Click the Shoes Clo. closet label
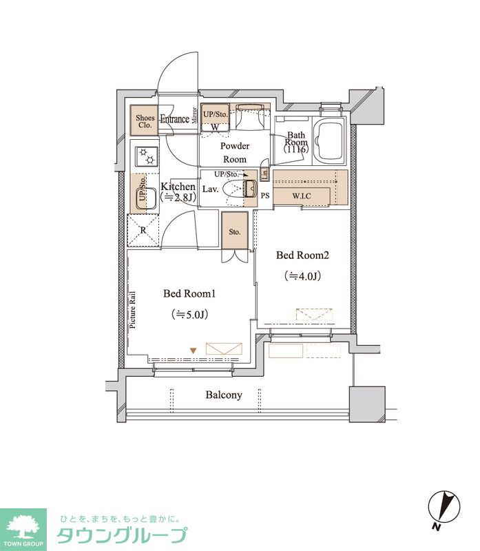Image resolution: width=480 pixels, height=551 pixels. point(145,122)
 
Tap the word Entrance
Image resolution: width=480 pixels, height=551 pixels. point(175,118)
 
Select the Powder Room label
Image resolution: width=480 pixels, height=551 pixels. point(235,152)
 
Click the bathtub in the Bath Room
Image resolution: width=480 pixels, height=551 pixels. point(329,141)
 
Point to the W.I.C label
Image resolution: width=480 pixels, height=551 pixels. point(302,196)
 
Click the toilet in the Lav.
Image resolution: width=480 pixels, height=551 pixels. point(239,189)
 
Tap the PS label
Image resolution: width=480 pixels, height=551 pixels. point(265,196)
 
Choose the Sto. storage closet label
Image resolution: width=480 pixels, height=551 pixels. point(234,231)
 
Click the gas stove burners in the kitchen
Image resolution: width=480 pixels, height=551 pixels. point(147,156)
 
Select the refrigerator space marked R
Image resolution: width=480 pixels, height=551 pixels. point(143,231)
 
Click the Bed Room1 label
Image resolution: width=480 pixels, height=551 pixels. point(189,293)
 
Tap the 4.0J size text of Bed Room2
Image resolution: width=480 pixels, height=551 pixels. point(302,276)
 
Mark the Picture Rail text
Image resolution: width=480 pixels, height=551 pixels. point(133,310)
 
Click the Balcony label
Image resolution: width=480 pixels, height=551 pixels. point(224,395)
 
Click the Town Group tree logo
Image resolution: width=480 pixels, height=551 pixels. point(23,527)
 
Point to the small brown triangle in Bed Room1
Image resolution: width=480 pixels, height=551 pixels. point(193,351)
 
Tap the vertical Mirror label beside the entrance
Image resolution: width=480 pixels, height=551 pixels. point(194,115)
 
